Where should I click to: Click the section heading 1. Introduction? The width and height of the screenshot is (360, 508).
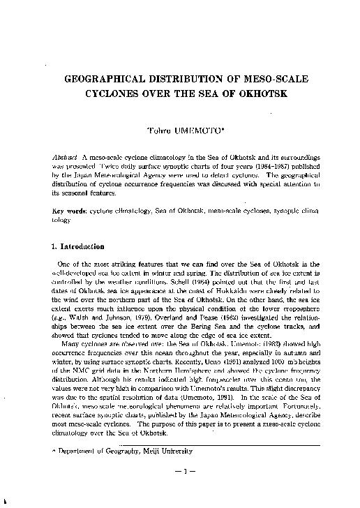coord(79,246)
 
